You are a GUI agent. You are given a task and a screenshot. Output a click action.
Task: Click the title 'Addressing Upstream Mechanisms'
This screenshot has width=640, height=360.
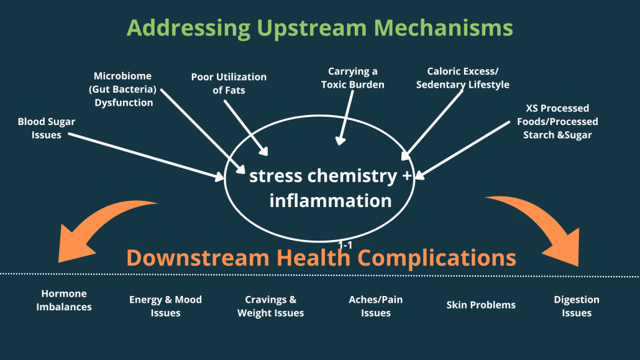[320, 28]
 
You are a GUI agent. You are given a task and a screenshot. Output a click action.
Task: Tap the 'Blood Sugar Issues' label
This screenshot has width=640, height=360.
[47, 128]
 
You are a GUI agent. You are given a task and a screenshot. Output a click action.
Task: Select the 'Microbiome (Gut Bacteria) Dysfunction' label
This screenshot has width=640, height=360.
[124, 89]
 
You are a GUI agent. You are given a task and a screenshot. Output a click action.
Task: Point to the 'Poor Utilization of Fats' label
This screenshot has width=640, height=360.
[229, 83]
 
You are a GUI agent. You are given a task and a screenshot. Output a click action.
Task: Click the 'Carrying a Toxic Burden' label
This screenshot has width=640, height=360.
[353, 78]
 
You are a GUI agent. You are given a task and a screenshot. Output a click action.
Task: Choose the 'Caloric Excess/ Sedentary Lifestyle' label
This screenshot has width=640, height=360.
[463, 78]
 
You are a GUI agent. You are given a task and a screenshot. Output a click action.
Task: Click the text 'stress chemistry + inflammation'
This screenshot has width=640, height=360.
[331, 188]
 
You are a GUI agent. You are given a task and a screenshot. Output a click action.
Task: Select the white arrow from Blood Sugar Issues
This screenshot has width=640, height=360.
[146, 156]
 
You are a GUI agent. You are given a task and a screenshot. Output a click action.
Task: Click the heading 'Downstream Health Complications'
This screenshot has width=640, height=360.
[321, 258]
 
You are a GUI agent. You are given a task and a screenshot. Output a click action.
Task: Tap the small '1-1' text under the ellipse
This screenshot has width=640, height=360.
[345, 246]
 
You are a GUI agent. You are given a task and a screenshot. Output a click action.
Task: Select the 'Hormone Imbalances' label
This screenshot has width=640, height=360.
[64, 300]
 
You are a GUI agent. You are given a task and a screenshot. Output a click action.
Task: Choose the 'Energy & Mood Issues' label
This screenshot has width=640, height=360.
[165, 306]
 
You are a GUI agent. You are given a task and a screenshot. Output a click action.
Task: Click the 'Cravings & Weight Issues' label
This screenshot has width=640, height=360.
[270, 306]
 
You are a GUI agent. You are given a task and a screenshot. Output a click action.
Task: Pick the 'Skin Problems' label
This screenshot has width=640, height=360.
[481, 305]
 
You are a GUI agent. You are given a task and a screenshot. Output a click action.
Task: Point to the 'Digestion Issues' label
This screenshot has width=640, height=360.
[577, 306]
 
